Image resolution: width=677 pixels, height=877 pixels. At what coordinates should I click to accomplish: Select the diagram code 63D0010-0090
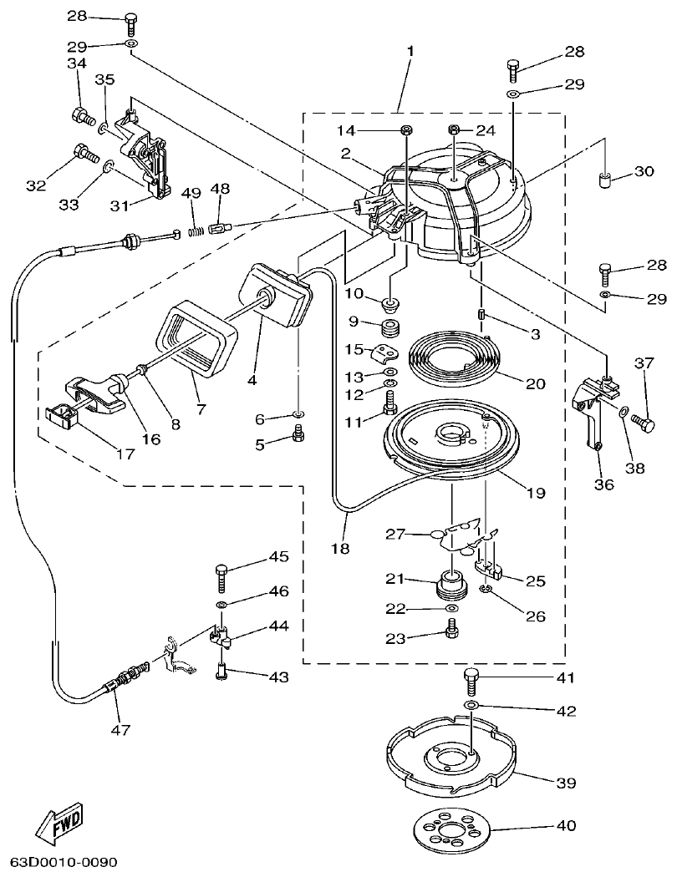pyautogui.click(x=64, y=861)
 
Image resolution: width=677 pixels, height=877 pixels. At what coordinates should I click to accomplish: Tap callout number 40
pyautogui.click(x=566, y=827)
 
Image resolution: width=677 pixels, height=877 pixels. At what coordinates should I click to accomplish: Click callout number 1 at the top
pyautogui.click(x=410, y=51)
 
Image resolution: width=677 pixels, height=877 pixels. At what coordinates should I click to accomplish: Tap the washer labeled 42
pyautogui.click(x=471, y=707)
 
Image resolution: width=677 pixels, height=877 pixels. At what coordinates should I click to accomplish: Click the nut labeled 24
pyautogui.click(x=454, y=129)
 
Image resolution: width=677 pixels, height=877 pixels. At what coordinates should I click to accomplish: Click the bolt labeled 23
pyautogui.click(x=451, y=633)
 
